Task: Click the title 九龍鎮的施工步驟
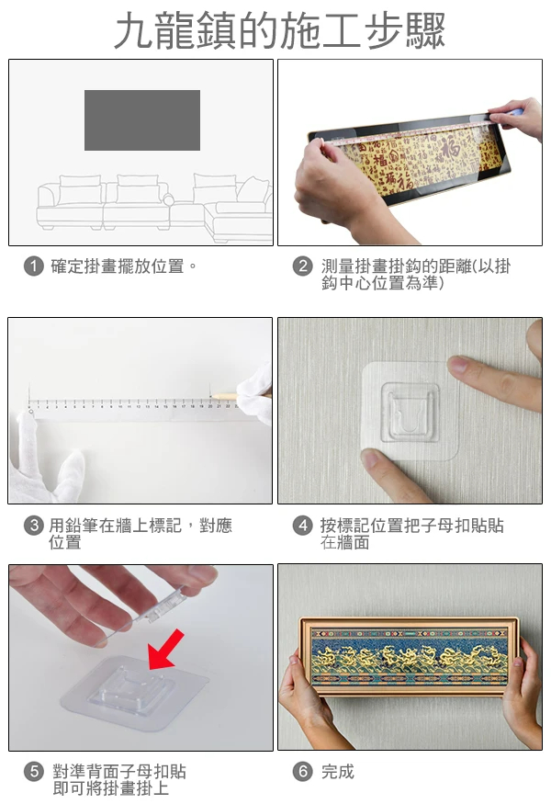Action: [x=279, y=30]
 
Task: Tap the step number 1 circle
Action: [x=34, y=266]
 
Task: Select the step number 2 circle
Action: [x=302, y=266]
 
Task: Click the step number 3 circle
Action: [x=34, y=525]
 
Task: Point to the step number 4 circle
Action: [x=302, y=525]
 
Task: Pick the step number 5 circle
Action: [x=34, y=771]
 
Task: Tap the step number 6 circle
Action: [x=302, y=771]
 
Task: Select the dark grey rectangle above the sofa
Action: [x=142, y=120]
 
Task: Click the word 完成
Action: [x=338, y=771]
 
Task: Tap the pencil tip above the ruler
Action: [x=212, y=395]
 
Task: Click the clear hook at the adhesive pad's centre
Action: [x=410, y=413]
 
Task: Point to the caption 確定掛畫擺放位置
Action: [x=118, y=266]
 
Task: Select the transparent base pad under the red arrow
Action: [x=134, y=692]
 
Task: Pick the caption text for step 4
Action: [x=411, y=533]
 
